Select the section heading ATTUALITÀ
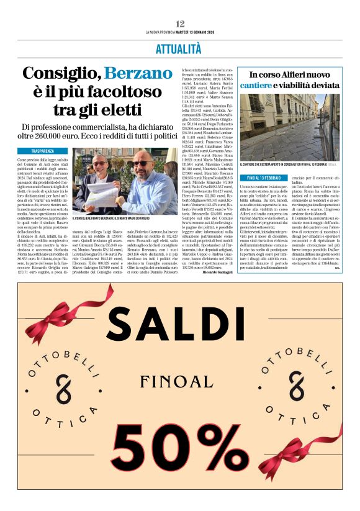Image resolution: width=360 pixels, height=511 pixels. (x=179, y=48)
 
